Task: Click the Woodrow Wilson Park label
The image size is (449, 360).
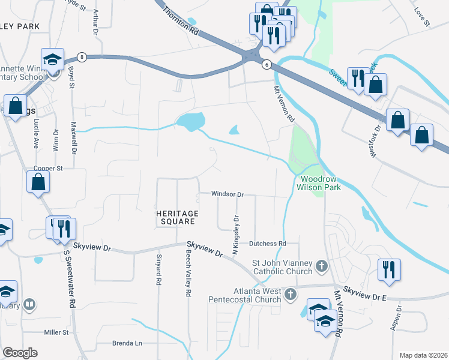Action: (321, 183)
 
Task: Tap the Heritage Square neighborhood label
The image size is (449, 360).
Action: (176, 217)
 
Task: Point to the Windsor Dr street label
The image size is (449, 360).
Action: (227, 194)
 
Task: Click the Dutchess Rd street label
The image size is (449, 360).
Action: (266, 244)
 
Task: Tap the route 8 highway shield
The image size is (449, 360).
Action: (82, 57)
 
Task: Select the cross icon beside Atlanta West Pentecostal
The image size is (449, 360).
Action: (291, 294)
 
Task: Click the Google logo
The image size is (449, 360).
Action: (20, 353)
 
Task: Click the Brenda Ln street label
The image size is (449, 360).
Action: (127, 343)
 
